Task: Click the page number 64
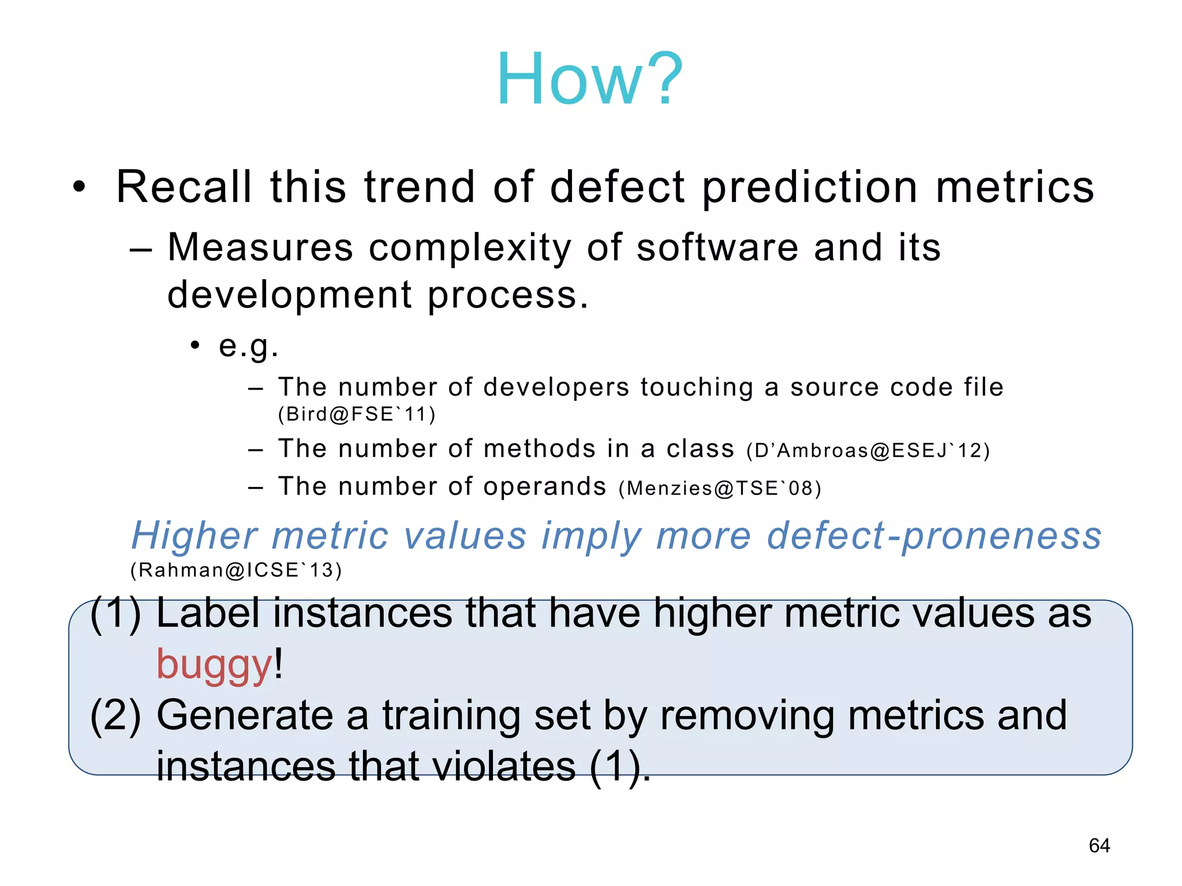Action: tap(1099, 846)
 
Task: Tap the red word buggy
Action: tap(214, 664)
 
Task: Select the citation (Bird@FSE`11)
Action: tap(357, 415)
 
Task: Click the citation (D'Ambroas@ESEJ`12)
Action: tap(868, 450)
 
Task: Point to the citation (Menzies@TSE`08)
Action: tap(720, 489)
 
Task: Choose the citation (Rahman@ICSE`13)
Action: tap(236, 570)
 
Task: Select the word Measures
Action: tap(260, 247)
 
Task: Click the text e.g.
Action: tap(248, 346)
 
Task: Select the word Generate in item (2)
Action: tap(245, 716)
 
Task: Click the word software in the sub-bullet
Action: tap(718, 247)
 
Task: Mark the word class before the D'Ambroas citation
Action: tap(700, 449)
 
